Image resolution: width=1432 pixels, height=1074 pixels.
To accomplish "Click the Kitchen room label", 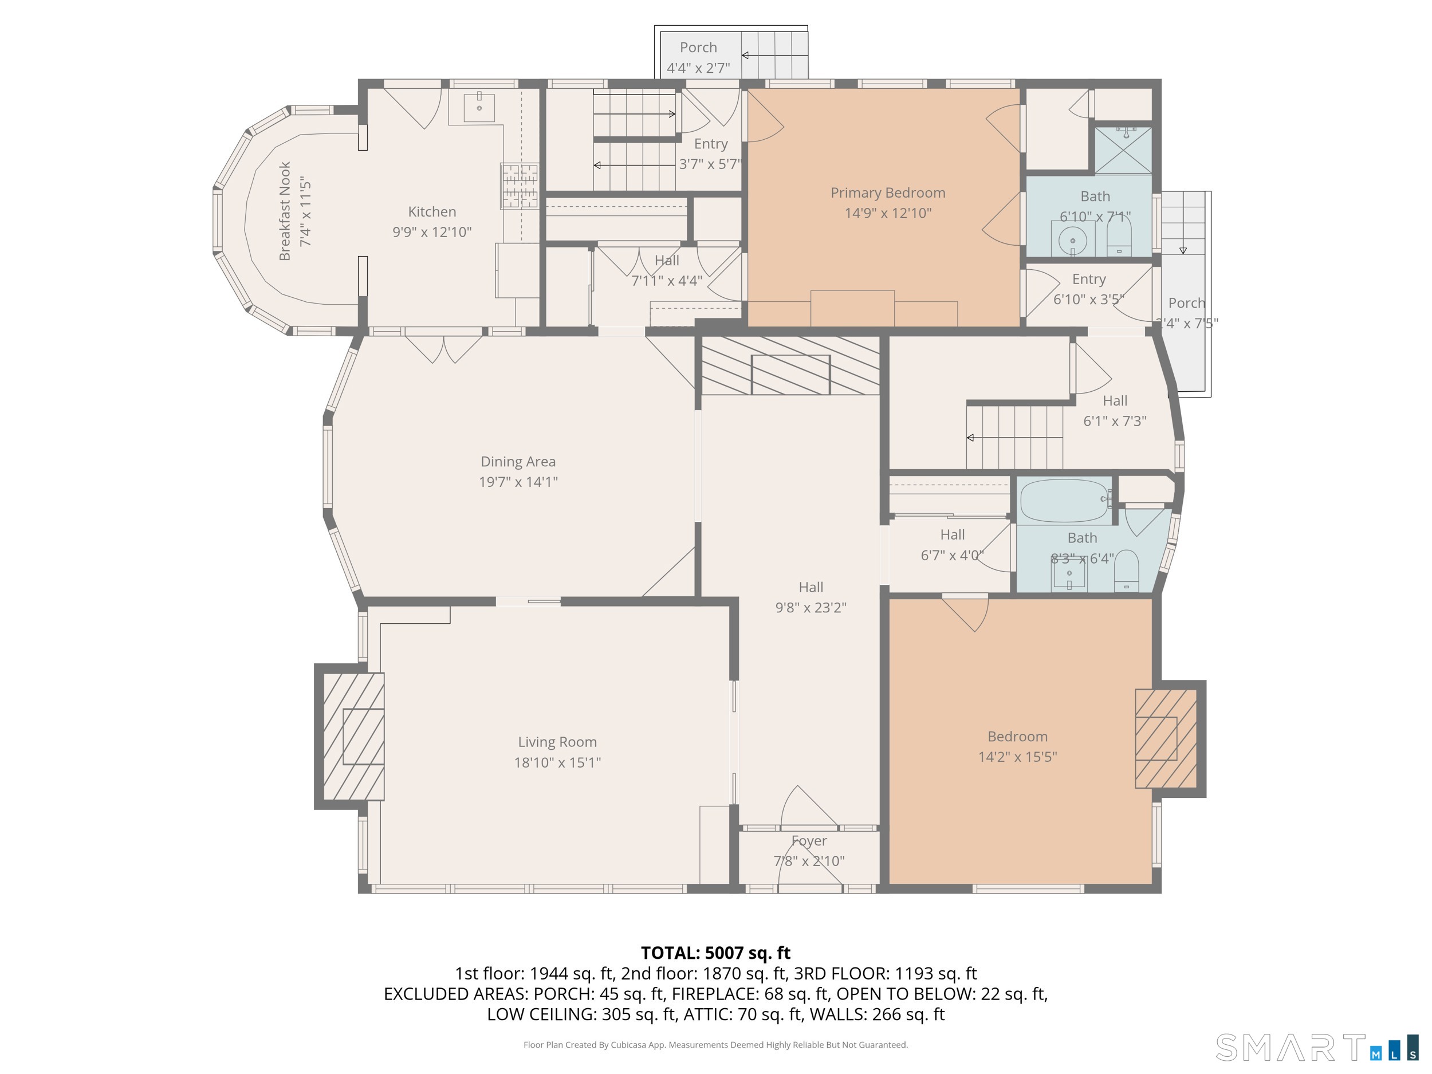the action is tap(432, 212).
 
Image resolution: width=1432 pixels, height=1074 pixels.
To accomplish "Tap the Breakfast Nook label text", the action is tap(284, 212).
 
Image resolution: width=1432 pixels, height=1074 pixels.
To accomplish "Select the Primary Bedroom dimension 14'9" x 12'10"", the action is tap(888, 213).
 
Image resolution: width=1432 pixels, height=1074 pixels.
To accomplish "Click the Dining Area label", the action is tap(518, 462).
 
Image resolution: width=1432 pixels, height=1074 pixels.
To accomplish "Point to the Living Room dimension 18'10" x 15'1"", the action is tap(557, 762).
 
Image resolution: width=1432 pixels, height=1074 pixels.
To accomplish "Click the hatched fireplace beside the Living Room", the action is tap(353, 737).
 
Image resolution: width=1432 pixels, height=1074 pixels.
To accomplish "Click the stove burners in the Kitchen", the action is tap(519, 186).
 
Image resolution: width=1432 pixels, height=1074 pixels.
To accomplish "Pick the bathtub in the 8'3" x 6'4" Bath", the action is tap(1065, 501).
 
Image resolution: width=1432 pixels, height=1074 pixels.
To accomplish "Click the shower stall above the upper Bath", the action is tap(1123, 150).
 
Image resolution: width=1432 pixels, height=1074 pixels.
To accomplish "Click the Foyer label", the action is tap(809, 841).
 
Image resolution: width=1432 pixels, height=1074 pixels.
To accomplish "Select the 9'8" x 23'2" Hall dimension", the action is tap(811, 607).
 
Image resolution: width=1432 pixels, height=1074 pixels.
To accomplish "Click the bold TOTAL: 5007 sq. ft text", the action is tap(715, 953).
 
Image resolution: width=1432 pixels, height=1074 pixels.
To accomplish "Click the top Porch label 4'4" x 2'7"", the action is tap(698, 58).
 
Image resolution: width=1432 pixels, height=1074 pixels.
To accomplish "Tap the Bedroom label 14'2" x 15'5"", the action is tap(1018, 746).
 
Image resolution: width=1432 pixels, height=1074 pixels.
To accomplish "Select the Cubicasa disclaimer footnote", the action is tap(715, 1044).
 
